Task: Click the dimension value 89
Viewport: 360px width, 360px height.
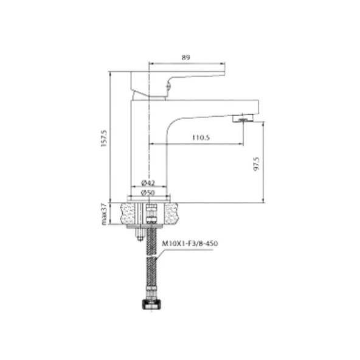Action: [x=185, y=57]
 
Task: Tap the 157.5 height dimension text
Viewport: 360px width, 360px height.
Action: [x=104, y=139]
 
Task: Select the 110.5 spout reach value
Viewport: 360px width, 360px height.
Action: [x=201, y=137]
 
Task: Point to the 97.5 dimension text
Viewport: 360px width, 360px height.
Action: [x=256, y=164]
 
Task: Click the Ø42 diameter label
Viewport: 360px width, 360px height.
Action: [x=148, y=183]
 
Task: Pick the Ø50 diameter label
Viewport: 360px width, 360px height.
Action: [x=148, y=192]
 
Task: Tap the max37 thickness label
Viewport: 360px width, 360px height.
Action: [x=104, y=214]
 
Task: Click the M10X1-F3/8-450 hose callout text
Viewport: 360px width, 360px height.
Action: [x=190, y=243]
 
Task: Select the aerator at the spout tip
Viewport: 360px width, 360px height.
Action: [x=243, y=118]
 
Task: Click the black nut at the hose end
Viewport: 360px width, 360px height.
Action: [x=152, y=305]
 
